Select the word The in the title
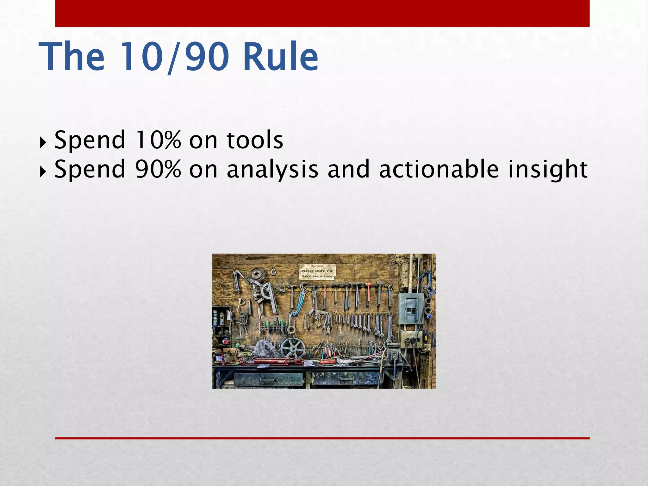pos(72,57)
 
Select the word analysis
pos(272,170)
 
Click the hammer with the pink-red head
pos(368,293)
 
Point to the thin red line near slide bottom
pos(322,438)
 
